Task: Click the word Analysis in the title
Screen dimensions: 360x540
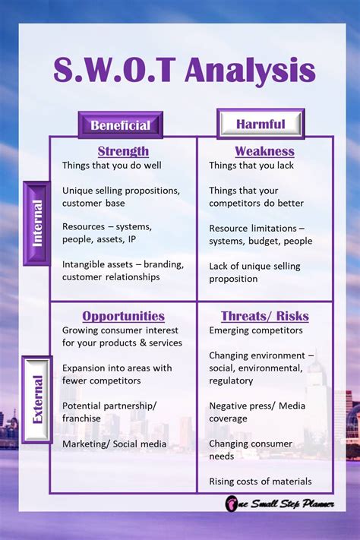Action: pos(250,71)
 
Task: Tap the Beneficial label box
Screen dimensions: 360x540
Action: pos(121,125)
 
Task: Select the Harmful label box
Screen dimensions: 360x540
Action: pos(261,124)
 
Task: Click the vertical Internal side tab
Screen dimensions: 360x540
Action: pos(37,223)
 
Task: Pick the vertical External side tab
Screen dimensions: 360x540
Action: pos(37,399)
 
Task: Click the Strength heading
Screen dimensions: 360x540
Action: pos(123,151)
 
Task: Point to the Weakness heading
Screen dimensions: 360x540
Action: pos(264,151)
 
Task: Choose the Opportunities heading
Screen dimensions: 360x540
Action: pos(123,316)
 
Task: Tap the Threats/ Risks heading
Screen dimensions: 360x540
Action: pos(265,316)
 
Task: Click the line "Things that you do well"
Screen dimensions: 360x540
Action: pos(112,166)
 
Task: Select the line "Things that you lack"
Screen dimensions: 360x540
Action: pos(251,166)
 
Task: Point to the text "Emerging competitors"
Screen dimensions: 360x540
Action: pos(256,330)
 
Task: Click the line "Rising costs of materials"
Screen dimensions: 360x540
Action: pos(260,482)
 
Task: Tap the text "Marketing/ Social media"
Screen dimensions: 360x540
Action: pos(115,444)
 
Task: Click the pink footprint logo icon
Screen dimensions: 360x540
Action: pos(231,504)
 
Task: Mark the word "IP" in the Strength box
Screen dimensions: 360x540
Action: pos(132,239)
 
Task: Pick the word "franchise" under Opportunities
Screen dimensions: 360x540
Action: pos(82,418)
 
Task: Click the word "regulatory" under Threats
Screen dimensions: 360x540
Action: pos(231,381)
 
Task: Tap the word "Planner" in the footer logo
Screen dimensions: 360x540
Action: pos(318,504)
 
